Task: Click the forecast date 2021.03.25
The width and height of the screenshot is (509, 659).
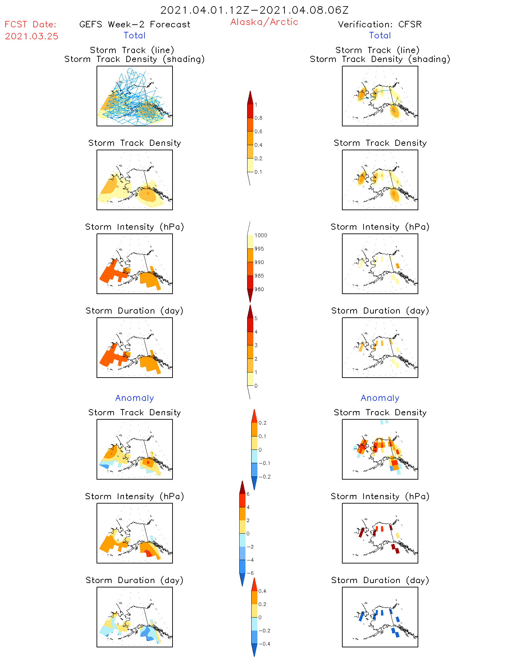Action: click(x=31, y=36)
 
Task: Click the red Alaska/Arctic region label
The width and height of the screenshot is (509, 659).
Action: click(x=264, y=22)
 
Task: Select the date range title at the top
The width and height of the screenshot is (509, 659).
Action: click(x=254, y=10)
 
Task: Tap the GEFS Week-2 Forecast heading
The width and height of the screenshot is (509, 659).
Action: click(x=135, y=24)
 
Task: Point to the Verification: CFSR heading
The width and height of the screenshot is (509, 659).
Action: click(x=380, y=24)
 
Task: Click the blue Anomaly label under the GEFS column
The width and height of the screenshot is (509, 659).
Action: click(x=135, y=398)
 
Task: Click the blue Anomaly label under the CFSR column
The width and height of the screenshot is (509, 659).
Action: click(x=380, y=398)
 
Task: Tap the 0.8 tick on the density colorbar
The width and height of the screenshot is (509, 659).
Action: click(x=258, y=118)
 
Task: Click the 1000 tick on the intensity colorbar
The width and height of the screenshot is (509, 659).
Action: click(x=260, y=236)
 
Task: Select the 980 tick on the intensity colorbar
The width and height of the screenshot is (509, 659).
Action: click(x=259, y=289)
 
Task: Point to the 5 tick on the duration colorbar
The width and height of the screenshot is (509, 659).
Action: click(x=256, y=318)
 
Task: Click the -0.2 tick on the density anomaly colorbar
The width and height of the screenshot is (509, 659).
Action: click(x=265, y=477)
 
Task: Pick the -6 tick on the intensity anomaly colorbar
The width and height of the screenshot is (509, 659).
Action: click(x=250, y=573)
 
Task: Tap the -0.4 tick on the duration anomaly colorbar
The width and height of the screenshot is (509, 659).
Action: click(x=264, y=644)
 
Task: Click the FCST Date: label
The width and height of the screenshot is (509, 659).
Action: click(x=30, y=24)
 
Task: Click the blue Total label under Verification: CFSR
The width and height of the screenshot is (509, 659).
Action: click(x=380, y=35)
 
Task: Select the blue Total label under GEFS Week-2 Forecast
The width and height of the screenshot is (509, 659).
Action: click(x=135, y=35)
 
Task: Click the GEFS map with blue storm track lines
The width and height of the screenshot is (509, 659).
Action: click(x=135, y=96)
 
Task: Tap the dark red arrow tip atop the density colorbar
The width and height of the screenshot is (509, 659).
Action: click(x=250, y=97)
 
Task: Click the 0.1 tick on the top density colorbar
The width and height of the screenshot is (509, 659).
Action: click(x=258, y=172)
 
